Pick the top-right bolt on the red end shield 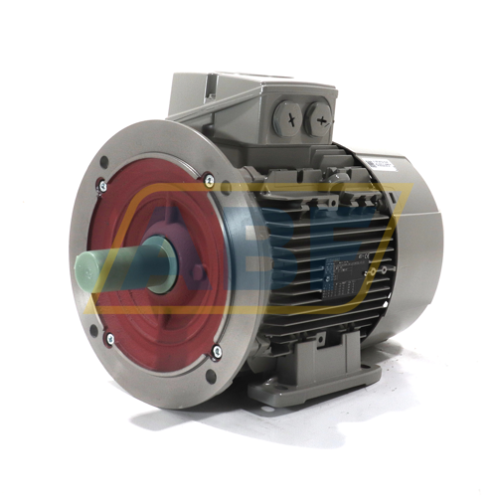210,180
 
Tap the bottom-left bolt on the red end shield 109,339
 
